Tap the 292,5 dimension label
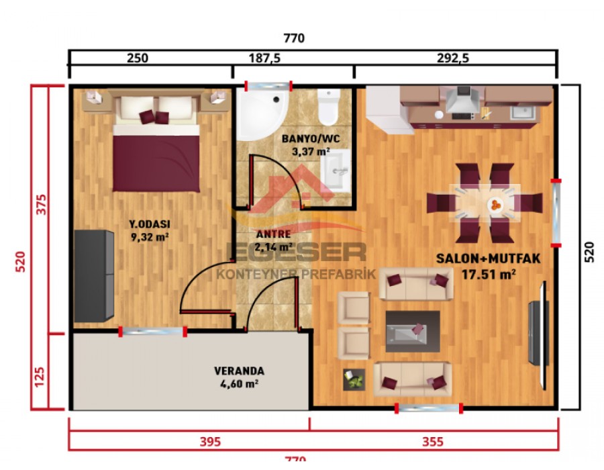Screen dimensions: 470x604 (x=454, y=59)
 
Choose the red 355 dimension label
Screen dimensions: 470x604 (x=433, y=441)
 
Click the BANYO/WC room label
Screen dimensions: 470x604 (x=307, y=139)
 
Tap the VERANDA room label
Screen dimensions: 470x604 (x=239, y=371)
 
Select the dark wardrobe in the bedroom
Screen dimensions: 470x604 (x=93, y=276)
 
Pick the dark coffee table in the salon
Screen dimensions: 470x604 (x=412, y=331)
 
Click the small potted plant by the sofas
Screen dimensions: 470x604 (x=354, y=380)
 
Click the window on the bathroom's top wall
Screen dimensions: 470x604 (x=268, y=86)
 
